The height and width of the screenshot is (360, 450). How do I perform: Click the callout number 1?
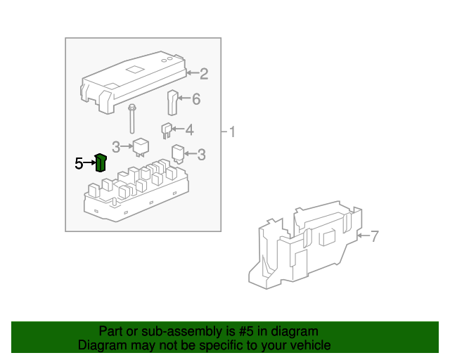tap(233, 131)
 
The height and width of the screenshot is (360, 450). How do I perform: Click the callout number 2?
tap(204, 73)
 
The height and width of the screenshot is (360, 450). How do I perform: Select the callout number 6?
tap(195, 99)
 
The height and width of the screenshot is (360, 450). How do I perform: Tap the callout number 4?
tap(188, 129)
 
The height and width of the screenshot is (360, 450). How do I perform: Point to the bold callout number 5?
tap(79, 164)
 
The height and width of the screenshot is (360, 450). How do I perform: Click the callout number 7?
tap(374, 236)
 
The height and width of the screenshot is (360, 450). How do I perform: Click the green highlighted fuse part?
tap(101, 163)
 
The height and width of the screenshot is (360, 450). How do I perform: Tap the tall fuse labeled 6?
tap(172, 102)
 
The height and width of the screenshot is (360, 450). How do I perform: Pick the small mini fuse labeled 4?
tap(167, 129)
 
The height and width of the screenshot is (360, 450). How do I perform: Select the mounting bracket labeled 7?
tap(306, 246)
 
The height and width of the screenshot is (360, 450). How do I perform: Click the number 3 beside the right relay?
tap(201, 155)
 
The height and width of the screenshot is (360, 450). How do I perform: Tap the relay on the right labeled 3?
tap(179, 154)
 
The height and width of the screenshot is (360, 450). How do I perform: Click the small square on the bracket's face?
tap(328, 237)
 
